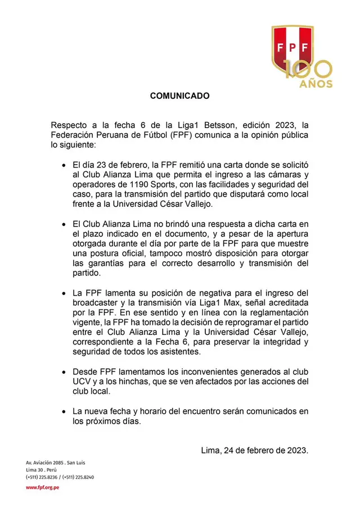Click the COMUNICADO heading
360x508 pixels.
click(x=179, y=96)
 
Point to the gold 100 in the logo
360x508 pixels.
click(x=308, y=69)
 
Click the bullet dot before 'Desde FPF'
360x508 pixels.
click(x=64, y=373)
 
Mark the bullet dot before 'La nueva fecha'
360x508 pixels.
click(x=64, y=412)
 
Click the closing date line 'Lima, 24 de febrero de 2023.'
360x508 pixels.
click(x=254, y=450)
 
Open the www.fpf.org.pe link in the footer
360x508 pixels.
click(x=42, y=487)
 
